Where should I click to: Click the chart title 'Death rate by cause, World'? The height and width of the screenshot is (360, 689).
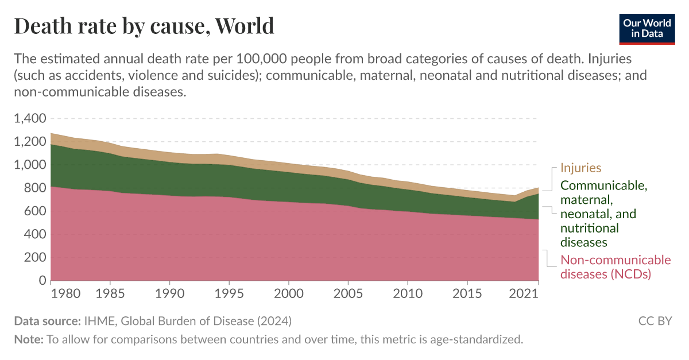[144, 26]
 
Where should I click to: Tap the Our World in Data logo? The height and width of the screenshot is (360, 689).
[647, 27]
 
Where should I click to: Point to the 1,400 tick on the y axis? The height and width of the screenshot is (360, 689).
[29, 119]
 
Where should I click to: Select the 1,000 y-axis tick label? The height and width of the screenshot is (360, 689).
[29, 165]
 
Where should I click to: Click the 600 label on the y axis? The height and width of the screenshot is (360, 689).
[34, 211]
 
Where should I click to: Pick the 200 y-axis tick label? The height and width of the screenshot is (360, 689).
[34, 258]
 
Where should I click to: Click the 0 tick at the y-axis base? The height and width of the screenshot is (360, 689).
[42, 281]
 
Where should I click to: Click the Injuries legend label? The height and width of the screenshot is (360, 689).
[580, 168]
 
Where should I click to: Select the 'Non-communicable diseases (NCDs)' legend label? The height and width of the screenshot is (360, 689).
[615, 267]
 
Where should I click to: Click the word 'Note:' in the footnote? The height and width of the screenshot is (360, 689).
[28, 339]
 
